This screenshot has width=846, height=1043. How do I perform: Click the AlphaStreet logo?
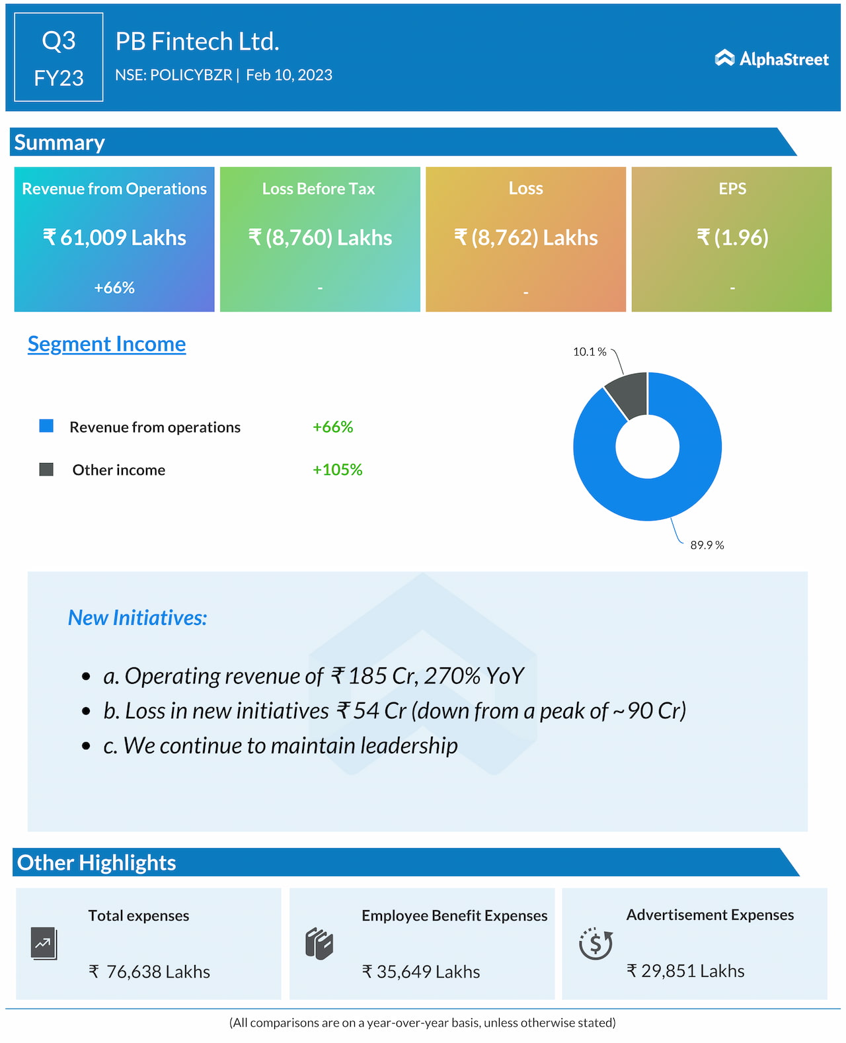(x=771, y=59)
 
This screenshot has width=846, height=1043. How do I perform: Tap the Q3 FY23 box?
(x=59, y=58)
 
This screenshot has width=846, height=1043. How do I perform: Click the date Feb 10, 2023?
(x=289, y=75)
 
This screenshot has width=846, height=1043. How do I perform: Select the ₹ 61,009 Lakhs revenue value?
(x=114, y=237)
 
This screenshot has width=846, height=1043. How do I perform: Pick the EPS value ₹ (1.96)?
(x=732, y=237)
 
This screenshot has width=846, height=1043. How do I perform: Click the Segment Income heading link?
(x=106, y=344)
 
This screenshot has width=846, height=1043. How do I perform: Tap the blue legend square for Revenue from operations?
(x=46, y=426)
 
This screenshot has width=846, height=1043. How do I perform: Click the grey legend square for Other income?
(x=46, y=470)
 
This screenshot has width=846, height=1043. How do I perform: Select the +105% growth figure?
(x=337, y=470)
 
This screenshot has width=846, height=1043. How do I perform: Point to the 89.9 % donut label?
(x=707, y=545)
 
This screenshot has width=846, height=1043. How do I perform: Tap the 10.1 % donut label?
(x=590, y=352)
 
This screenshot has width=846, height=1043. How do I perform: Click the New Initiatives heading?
(x=137, y=618)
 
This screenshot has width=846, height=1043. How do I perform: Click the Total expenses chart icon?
(x=44, y=943)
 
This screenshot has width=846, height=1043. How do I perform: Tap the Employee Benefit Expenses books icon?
(x=319, y=944)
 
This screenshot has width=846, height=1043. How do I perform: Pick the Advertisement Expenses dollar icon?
(x=596, y=943)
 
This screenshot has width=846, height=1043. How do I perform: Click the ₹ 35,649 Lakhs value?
(x=421, y=972)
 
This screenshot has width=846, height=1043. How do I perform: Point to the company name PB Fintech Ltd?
(x=197, y=42)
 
